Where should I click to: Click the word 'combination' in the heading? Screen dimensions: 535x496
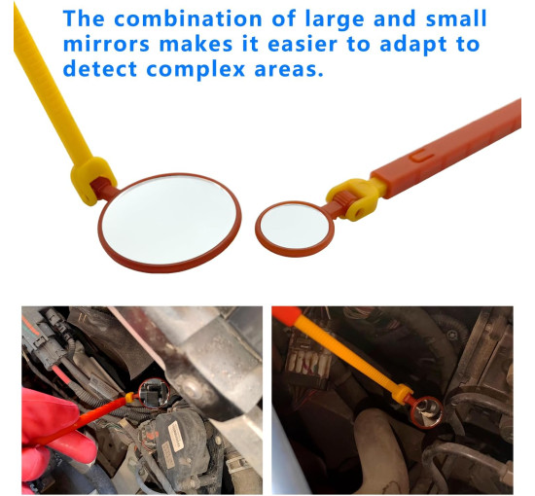click(188, 18)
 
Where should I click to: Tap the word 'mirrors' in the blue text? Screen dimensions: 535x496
click(106, 45)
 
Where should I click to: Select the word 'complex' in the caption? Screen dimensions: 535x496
click(196, 70)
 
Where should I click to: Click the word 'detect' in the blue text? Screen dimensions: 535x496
click(100, 69)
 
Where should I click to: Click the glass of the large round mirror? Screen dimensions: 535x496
click(169, 220)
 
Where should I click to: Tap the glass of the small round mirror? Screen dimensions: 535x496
click(294, 227)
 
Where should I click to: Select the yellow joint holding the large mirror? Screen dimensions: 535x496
click(91, 179)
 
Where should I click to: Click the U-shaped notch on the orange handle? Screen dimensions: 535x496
click(420, 156)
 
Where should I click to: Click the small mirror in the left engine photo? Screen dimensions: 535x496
click(155, 393)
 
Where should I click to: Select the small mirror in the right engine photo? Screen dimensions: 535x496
click(426, 412)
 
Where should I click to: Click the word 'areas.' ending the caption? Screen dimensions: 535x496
click(289, 69)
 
